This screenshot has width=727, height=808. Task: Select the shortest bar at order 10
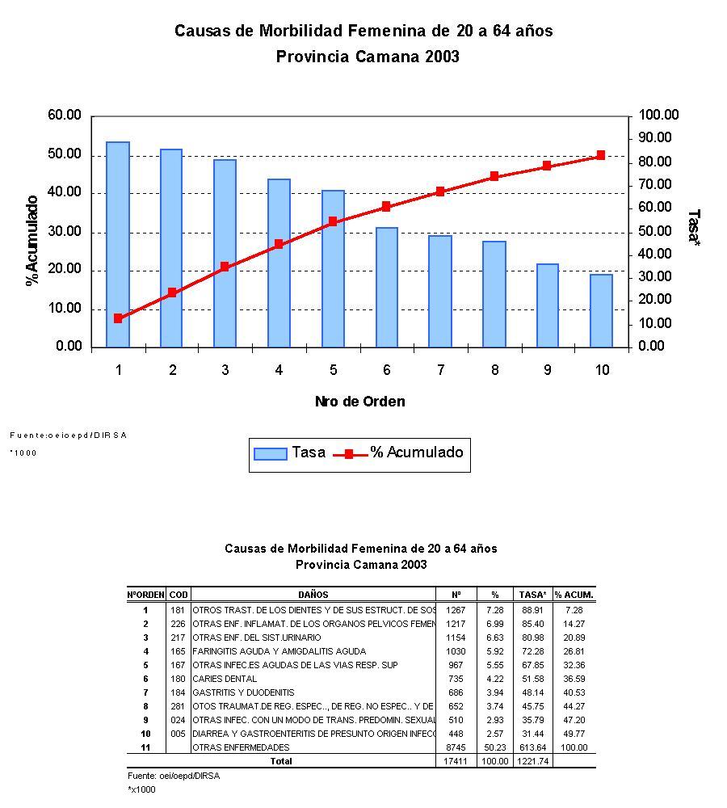click(601, 311)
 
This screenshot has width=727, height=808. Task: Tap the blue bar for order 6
click(386, 288)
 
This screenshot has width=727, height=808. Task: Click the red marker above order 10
click(601, 155)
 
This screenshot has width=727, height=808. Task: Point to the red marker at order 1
click(118, 318)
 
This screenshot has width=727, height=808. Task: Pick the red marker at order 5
click(333, 221)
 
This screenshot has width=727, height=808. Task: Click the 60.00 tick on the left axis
click(65, 116)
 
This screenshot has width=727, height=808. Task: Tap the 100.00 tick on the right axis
click(658, 116)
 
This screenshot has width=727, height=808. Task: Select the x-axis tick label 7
click(440, 370)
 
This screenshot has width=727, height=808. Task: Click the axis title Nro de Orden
click(359, 402)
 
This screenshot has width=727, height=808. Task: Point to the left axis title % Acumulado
click(32, 241)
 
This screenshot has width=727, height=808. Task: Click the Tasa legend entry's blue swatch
click(270, 453)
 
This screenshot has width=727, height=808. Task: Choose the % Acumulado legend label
click(417, 452)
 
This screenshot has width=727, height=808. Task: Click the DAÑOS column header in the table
click(313, 595)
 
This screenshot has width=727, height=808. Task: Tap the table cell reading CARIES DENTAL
click(225, 679)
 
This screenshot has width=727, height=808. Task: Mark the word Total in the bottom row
click(280, 761)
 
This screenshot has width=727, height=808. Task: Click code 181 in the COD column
click(178, 610)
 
